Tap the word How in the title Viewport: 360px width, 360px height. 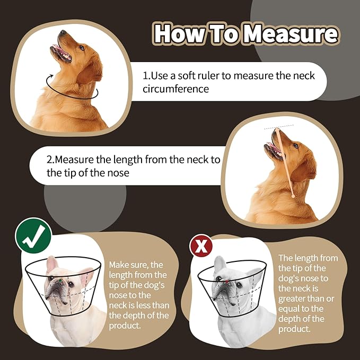[x=177, y=34]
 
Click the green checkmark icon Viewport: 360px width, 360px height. [x=33, y=235]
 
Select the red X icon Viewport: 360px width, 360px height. [x=201, y=246]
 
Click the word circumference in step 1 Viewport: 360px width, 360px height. [x=175, y=89]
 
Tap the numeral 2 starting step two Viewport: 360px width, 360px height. [x=50, y=160]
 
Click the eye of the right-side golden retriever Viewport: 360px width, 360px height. [x=295, y=146]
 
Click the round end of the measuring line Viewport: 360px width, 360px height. [x=293, y=197]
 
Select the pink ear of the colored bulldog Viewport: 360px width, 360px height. [x=51, y=265]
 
